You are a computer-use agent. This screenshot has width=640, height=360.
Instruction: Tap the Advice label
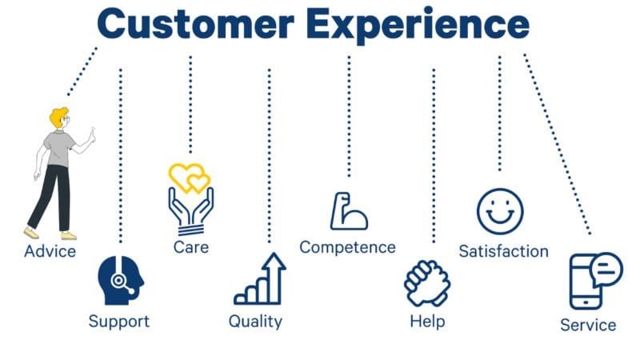[50, 251]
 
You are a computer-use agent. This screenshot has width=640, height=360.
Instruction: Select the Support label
[118, 322]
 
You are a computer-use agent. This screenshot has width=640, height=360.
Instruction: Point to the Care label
[191, 246]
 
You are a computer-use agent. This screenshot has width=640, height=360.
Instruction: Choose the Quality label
[255, 322]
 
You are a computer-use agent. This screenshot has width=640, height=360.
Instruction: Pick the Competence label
[347, 247]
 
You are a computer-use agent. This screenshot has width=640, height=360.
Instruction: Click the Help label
[426, 322]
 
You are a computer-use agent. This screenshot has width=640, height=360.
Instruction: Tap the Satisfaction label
[503, 251]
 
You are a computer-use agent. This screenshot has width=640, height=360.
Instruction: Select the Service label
[588, 325]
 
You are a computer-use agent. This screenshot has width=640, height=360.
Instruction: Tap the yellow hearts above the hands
[190, 178]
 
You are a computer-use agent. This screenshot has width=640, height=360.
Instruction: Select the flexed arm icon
[349, 211]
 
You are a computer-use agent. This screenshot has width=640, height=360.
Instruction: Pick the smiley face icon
[500, 211]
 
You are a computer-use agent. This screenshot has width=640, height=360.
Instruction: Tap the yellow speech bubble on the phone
[606, 270]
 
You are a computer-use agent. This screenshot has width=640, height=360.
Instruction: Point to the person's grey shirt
[61, 148]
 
